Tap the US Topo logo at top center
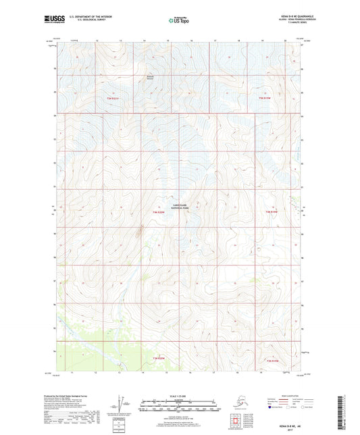[x=178, y=21]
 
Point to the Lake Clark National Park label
[x=179, y=207]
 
